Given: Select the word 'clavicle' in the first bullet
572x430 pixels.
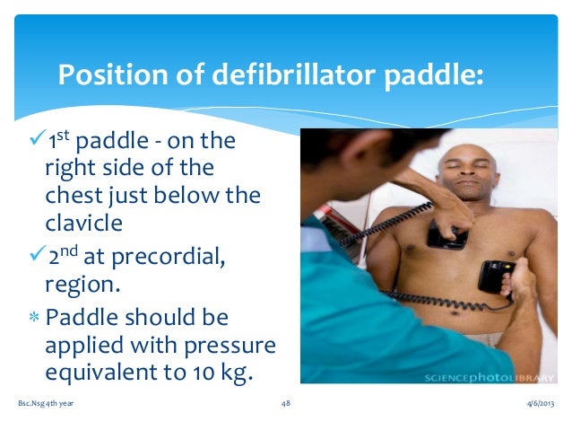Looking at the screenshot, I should pos(82,220).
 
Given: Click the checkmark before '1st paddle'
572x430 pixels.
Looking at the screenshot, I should pos(36,142).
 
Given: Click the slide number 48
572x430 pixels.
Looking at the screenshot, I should pos(285,404).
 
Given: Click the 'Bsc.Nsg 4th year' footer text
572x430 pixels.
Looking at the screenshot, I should pos(46,404).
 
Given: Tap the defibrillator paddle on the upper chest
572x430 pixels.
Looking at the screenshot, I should pos(446,234).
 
